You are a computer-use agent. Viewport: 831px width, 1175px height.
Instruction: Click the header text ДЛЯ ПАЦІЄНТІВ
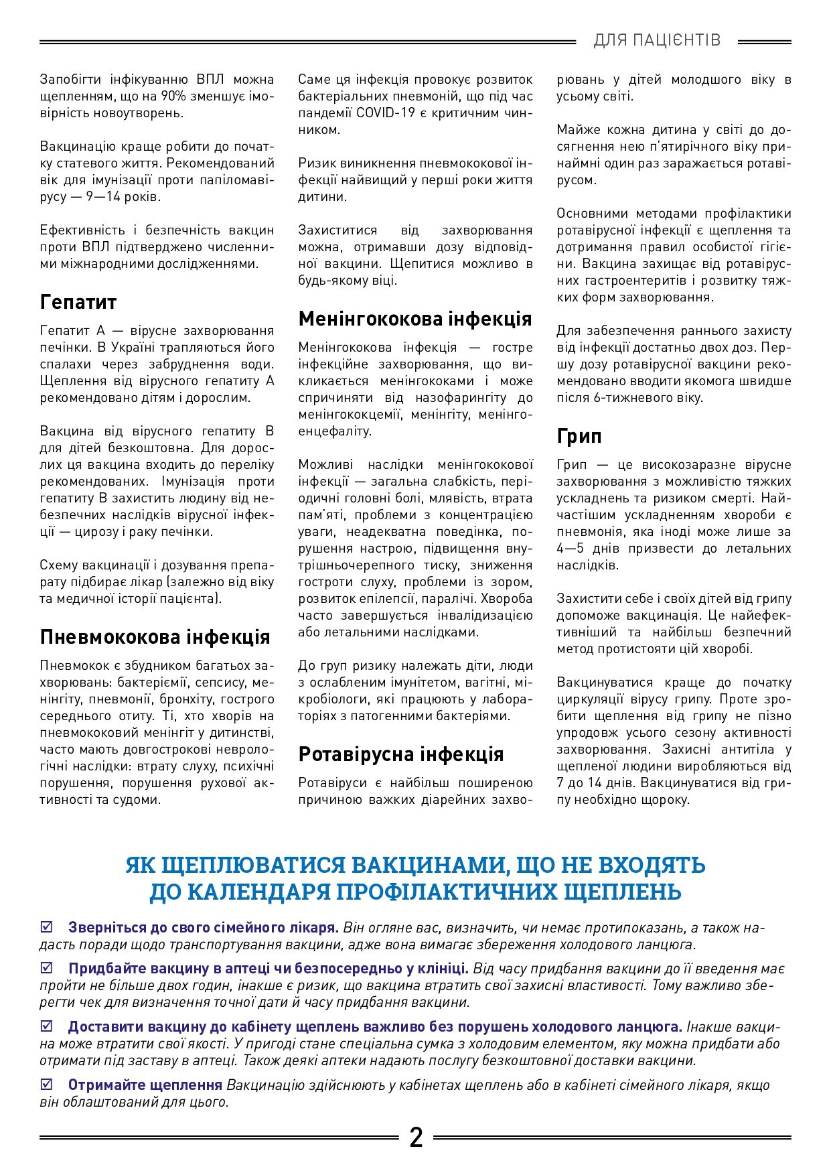pyautogui.click(x=657, y=41)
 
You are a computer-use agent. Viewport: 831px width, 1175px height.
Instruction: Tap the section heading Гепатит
pyautogui.click(x=78, y=302)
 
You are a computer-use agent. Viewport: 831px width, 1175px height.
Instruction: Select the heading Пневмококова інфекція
pyautogui.click(x=155, y=636)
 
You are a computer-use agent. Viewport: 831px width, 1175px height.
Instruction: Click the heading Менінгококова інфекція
pyautogui.click(x=415, y=319)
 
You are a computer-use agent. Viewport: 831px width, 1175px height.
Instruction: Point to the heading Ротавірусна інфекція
pyautogui.click(x=400, y=754)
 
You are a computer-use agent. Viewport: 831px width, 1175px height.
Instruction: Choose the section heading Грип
pyautogui.click(x=579, y=436)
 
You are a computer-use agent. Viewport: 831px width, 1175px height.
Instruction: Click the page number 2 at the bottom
pyautogui.click(x=416, y=1137)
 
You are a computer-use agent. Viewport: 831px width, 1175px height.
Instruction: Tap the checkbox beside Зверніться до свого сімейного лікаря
pyautogui.click(x=46, y=927)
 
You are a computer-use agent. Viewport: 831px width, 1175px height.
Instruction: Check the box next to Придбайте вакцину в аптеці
pyautogui.click(x=46, y=968)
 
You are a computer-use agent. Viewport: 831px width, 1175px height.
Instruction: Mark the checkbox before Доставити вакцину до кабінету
pyautogui.click(x=46, y=1026)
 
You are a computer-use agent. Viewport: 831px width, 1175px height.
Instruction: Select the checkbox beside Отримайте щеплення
pyautogui.click(x=46, y=1084)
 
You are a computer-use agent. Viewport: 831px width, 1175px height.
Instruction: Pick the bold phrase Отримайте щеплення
pyautogui.click(x=145, y=1085)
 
